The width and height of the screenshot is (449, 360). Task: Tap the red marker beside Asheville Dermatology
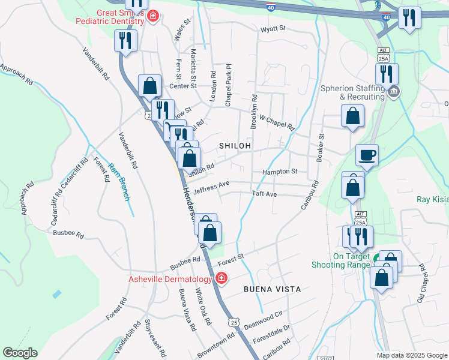(221, 279)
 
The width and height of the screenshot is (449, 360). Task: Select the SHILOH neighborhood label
(235, 146)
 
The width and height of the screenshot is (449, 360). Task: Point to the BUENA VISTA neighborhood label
(272, 289)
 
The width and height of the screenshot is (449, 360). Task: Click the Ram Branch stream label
(119, 182)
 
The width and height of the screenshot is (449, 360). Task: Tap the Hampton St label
(280, 172)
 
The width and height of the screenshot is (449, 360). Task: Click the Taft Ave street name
(264, 194)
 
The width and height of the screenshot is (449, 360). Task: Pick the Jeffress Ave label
(211, 188)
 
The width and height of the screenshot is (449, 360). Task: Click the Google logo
(19, 353)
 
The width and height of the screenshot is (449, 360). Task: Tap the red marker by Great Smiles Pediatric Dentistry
(153, 16)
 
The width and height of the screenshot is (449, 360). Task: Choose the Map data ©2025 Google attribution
(412, 355)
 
